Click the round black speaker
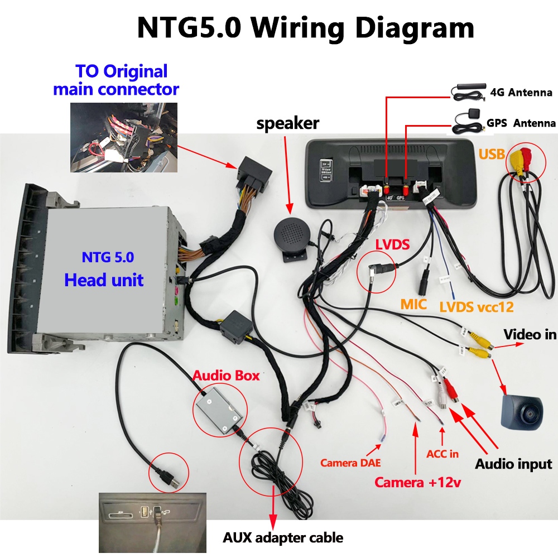[x=292, y=236]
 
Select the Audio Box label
[x=226, y=376]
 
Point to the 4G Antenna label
[x=521, y=93]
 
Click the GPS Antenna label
[x=521, y=123]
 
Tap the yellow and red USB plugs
[x=520, y=160]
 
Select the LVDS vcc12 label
[x=477, y=307]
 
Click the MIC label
[x=413, y=304]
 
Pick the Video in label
[x=530, y=334]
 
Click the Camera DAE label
[x=350, y=463]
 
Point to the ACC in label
[x=442, y=454]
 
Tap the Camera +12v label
[x=418, y=482]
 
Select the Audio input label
[x=513, y=464]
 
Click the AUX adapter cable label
[x=283, y=537]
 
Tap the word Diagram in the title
[x=415, y=28]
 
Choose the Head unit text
[x=104, y=280]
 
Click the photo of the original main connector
[x=124, y=137]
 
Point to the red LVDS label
[x=392, y=244]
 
